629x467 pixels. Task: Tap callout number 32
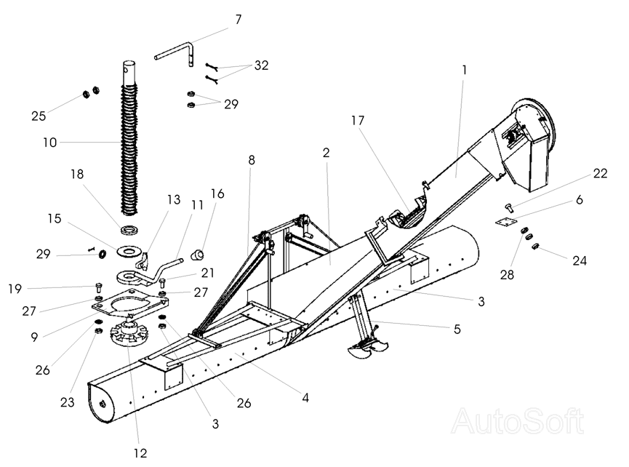(260, 65)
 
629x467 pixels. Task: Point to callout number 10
(49, 142)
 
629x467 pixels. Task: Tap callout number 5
(457, 329)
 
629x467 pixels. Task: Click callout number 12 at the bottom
(140, 452)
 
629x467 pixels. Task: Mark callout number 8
(252, 159)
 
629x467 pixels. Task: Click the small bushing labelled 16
(196, 255)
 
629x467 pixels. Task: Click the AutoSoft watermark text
(518, 421)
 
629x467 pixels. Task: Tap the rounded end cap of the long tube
(100, 404)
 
